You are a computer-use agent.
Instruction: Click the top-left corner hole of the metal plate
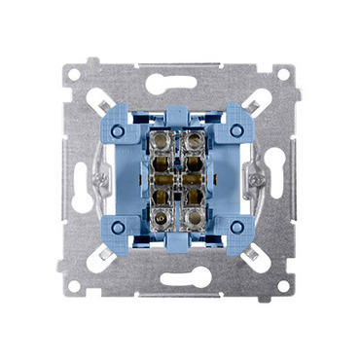coord(78,74)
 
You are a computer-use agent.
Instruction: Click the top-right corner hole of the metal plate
coord(283,74)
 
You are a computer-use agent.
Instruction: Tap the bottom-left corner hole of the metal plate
coord(78,287)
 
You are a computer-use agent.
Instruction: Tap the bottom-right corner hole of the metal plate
coord(283,287)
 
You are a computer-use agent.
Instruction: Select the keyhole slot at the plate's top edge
coord(181,80)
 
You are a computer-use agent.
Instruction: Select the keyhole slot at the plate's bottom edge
coord(181,280)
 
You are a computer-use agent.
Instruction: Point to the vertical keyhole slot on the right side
coord(280,180)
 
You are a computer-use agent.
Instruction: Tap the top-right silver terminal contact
coord(195,141)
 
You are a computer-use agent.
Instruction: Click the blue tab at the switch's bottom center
coord(180,244)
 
